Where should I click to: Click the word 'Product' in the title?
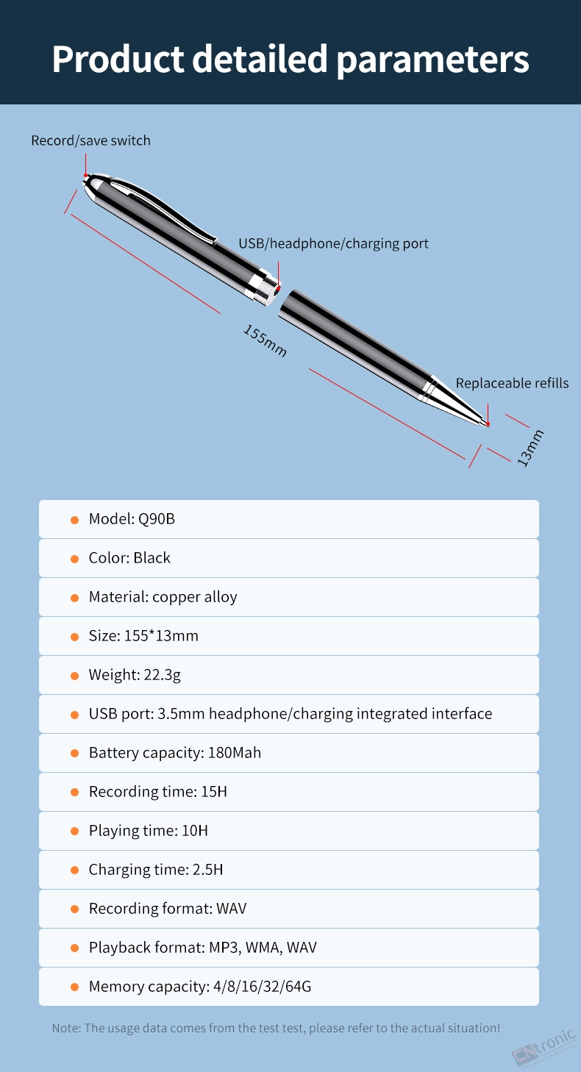118,60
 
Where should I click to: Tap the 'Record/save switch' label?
91,140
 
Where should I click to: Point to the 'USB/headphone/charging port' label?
334,243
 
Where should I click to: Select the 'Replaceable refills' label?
512,383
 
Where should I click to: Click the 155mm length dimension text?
265,340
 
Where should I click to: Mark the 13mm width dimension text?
530,448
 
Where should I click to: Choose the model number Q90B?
157,519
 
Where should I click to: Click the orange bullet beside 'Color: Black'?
75,559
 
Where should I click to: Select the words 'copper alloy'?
195,597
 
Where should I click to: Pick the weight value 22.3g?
163,675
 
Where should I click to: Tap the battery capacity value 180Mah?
235,753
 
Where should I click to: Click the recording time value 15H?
214,792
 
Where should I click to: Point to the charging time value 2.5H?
207,870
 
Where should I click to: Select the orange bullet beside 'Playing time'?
75,832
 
